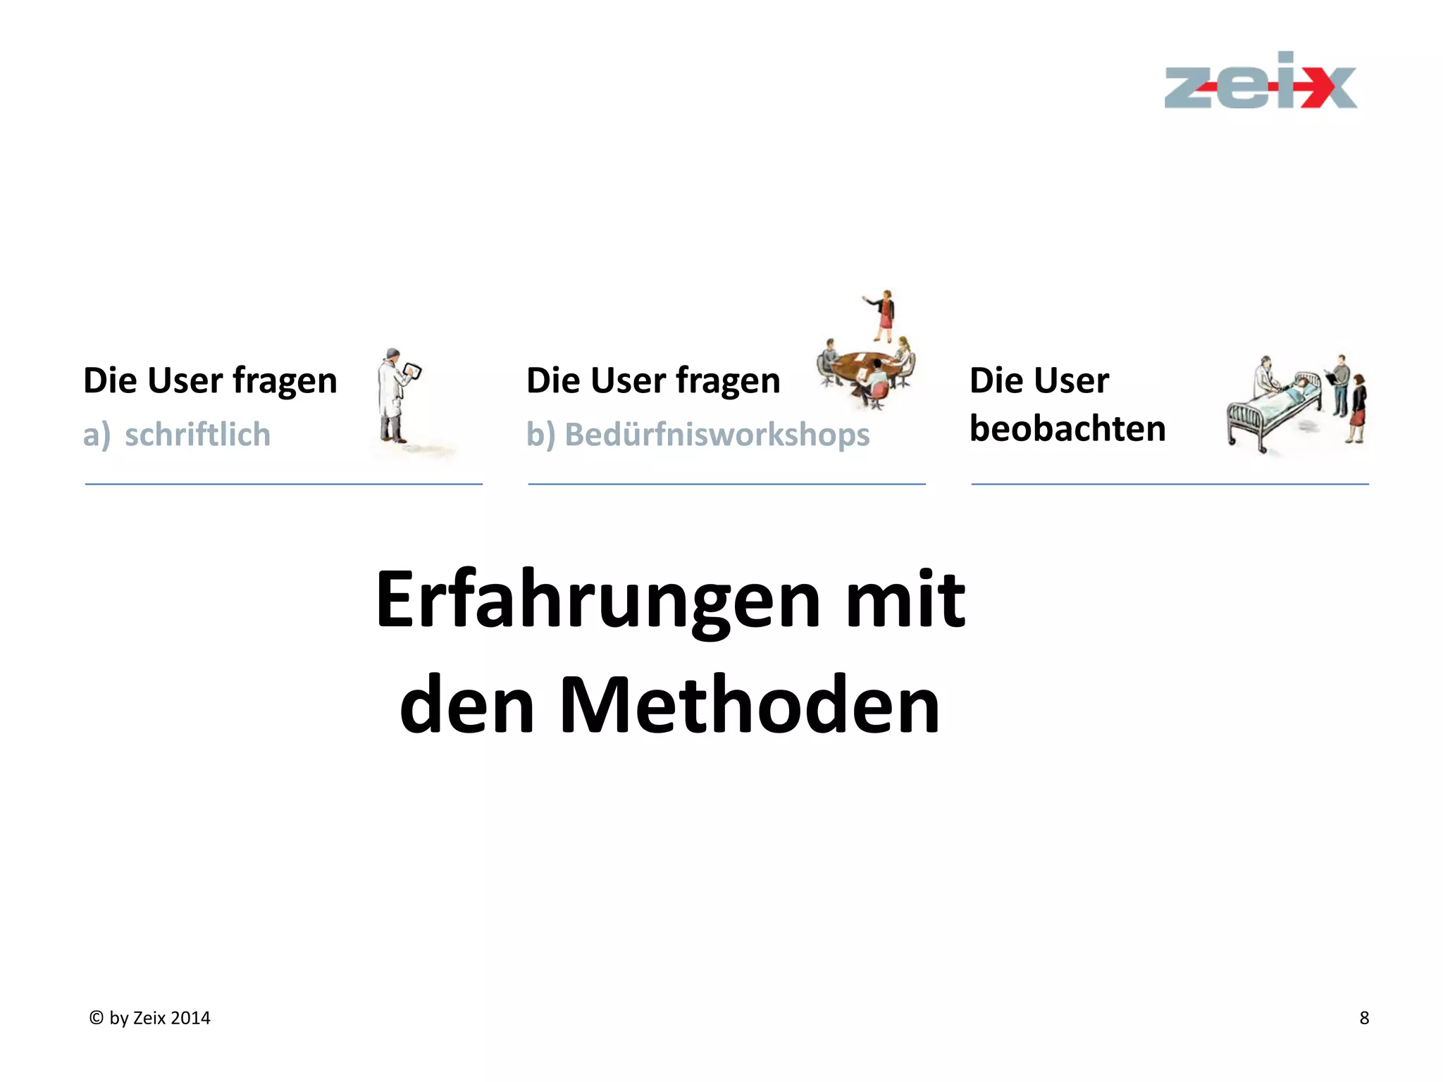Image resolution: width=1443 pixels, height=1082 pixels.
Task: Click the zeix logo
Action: (x=1260, y=83)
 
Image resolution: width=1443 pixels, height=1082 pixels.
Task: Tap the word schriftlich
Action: (x=197, y=435)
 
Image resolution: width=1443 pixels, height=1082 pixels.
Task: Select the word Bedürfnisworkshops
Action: (x=717, y=435)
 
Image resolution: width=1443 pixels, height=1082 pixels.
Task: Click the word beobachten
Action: (x=1067, y=428)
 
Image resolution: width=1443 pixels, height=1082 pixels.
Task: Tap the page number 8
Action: (x=1364, y=1018)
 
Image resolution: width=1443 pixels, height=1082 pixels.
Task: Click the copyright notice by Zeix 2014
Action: (x=150, y=1018)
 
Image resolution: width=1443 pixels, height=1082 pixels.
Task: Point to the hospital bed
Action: (x=1272, y=412)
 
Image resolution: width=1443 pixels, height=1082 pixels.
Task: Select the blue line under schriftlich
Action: (x=283, y=484)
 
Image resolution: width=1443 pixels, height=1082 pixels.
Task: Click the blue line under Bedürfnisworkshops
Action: (x=726, y=484)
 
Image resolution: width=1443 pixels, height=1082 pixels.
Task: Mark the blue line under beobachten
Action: (x=1170, y=484)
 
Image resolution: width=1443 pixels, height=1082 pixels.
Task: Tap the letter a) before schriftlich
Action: (x=97, y=435)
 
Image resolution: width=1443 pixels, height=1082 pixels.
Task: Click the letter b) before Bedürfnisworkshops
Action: (x=540, y=435)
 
